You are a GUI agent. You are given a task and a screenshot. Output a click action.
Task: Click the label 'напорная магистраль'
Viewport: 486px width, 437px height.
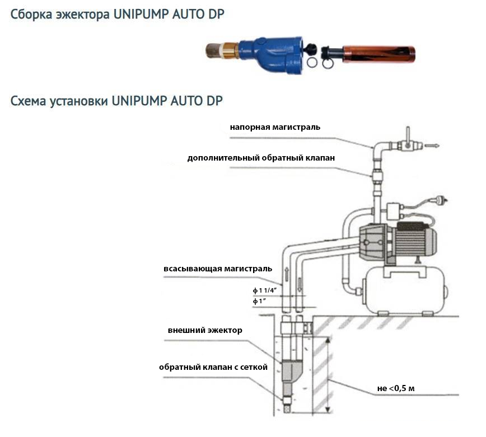[275, 127]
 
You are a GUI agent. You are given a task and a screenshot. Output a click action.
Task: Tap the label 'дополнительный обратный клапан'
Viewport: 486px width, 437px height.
[261, 158]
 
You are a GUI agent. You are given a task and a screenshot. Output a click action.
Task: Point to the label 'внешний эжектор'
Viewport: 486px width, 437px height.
[205, 330]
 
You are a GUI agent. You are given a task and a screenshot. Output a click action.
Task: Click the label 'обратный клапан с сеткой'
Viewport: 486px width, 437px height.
[213, 367]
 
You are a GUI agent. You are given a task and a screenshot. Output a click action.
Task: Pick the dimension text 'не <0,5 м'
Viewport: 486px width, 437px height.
[392, 388]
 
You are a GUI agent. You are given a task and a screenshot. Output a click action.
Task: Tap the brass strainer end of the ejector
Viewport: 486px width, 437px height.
[218, 51]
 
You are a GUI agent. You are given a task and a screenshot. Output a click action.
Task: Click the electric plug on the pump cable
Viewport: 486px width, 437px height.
[438, 201]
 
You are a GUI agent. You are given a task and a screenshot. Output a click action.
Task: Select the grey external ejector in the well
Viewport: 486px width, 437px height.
[289, 372]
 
